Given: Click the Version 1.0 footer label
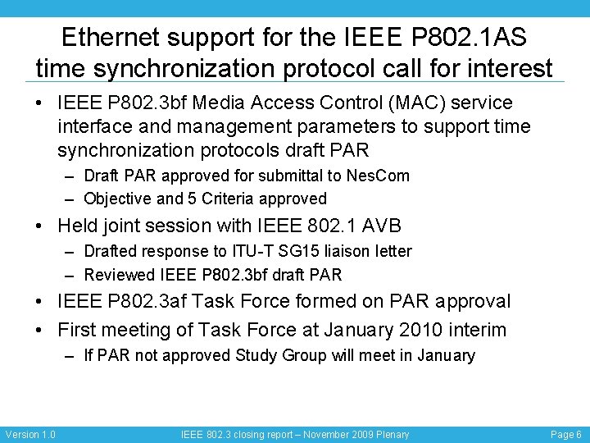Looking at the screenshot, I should click(30, 434).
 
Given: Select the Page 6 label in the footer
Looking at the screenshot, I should click(566, 434).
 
